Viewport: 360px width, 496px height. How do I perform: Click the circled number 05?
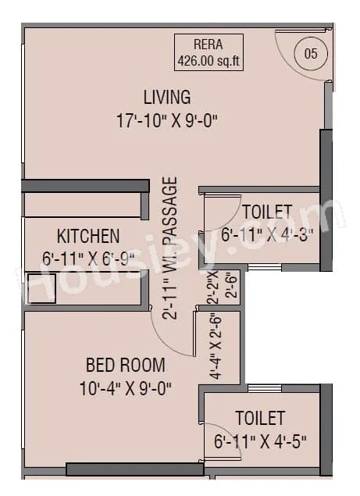coord(311,54)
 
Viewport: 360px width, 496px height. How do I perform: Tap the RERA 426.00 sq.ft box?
coord(207,53)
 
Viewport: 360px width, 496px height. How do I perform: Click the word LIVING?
coord(166,98)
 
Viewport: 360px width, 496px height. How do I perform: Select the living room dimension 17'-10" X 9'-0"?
coord(166,120)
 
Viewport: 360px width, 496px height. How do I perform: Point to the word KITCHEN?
coord(88,236)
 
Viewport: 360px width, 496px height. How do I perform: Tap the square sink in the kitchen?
coord(41,287)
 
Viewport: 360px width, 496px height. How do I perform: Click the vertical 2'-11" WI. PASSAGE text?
coord(171,248)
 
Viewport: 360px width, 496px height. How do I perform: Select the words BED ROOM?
coord(125,364)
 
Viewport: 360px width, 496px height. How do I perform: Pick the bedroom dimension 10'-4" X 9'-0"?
coord(125,387)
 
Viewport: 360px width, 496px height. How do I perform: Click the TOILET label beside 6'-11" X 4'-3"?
coord(267,212)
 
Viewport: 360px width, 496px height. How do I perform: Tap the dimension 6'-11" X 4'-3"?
coord(267,234)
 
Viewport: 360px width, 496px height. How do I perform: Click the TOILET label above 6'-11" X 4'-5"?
coord(260,418)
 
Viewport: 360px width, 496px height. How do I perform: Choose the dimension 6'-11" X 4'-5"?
coord(260,441)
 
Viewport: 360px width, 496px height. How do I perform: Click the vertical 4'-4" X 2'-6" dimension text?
coord(215,346)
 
